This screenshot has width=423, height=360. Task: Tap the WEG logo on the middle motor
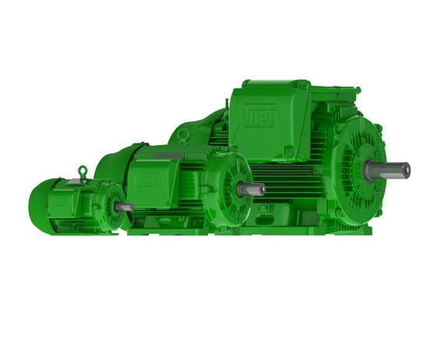click(146, 179)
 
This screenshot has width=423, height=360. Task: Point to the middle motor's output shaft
click(254, 189)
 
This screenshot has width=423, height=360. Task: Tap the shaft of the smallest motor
click(125, 207)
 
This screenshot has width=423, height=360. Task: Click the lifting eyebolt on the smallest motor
click(82, 171)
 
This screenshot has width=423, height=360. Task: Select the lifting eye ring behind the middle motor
click(183, 136)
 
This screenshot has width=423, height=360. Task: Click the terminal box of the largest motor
click(269, 117)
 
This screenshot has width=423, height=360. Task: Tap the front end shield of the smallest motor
click(114, 208)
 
